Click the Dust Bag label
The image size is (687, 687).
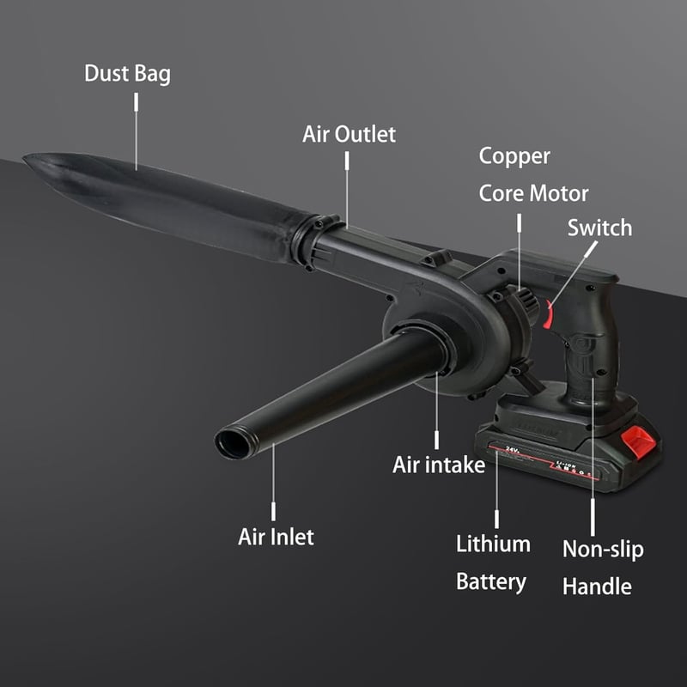coord(127,74)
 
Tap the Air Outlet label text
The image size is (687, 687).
coord(349,134)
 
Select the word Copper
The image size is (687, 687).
coord(514,157)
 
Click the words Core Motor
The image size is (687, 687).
coord(533,193)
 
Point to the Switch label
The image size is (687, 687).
coord(599,228)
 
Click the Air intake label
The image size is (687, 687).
coord(439,465)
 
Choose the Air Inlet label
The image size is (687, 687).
coord(276,537)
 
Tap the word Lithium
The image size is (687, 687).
coord(493,544)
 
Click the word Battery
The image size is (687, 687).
coord(491,582)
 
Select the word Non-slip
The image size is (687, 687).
coord(603,550)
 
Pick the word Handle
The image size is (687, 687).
coord(597,587)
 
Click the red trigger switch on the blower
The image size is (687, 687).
coord(548,314)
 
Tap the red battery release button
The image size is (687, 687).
coord(639,441)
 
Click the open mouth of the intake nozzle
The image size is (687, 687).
coord(232,444)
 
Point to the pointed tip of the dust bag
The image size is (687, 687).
coord(25,157)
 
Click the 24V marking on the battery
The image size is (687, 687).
coord(512,449)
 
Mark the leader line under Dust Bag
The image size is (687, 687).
coord(137,131)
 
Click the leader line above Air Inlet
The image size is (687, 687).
coord(273,482)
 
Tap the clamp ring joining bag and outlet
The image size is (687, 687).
coord(314,242)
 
